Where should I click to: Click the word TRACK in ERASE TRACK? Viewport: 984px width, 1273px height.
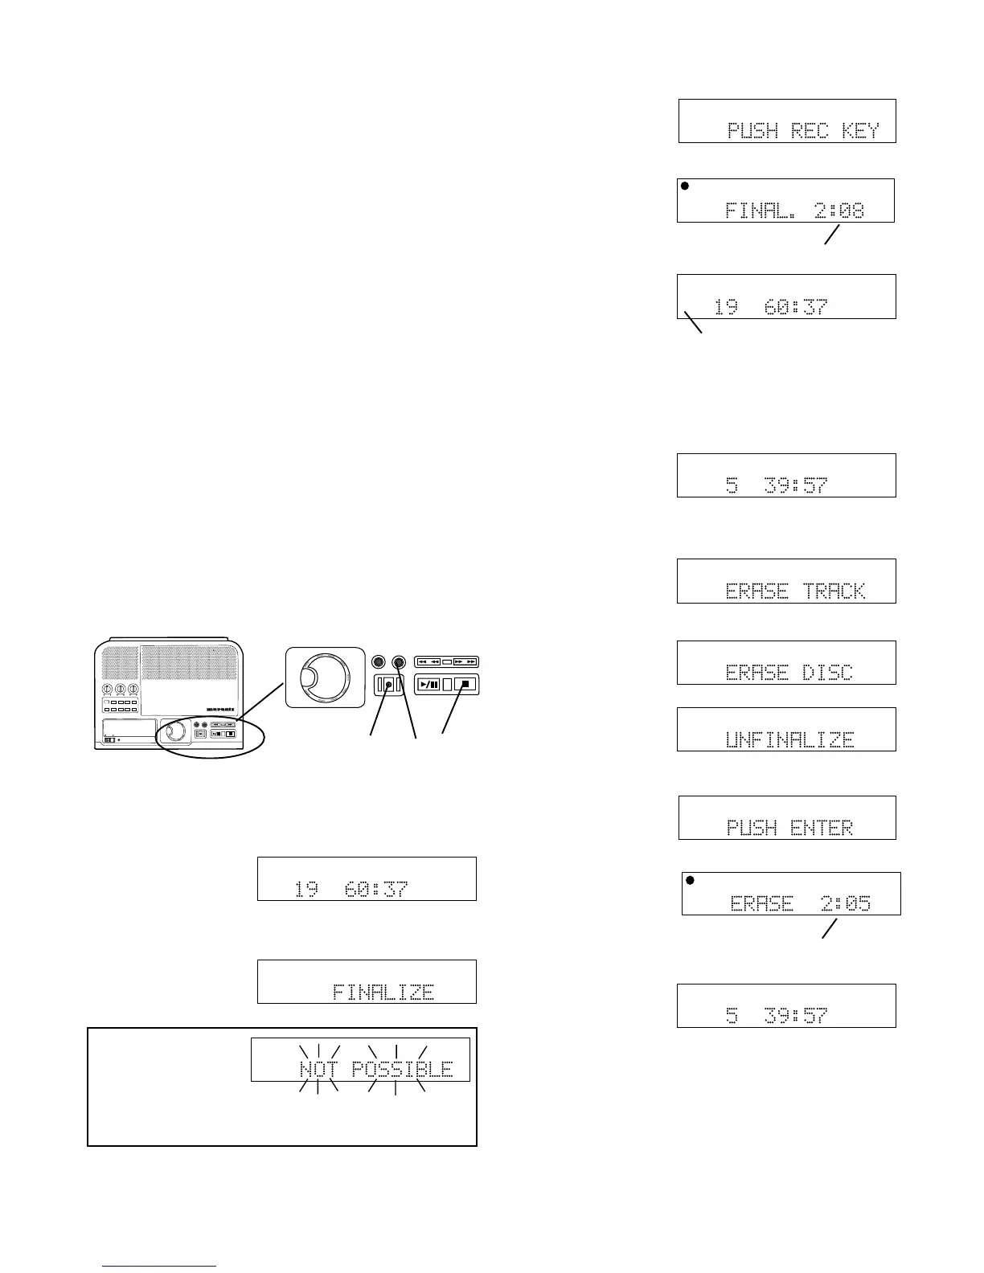[x=835, y=591]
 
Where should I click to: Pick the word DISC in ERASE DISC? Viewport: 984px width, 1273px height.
[x=827, y=673]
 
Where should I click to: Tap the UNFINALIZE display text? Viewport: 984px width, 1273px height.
[x=789, y=739]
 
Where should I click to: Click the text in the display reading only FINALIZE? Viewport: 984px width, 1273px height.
[x=383, y=992]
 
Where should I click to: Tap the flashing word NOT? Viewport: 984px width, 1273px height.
[x=319, y=1070]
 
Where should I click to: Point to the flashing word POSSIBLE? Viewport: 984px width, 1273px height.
[x=402, y=1070]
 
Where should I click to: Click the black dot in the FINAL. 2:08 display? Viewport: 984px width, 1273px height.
[x=685, y=186]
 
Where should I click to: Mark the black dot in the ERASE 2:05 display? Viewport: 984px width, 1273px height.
[x=690, y=880]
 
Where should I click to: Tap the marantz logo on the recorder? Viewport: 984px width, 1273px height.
[x=221, y=710]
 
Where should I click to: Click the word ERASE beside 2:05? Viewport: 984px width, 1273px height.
[x=761, y=903]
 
